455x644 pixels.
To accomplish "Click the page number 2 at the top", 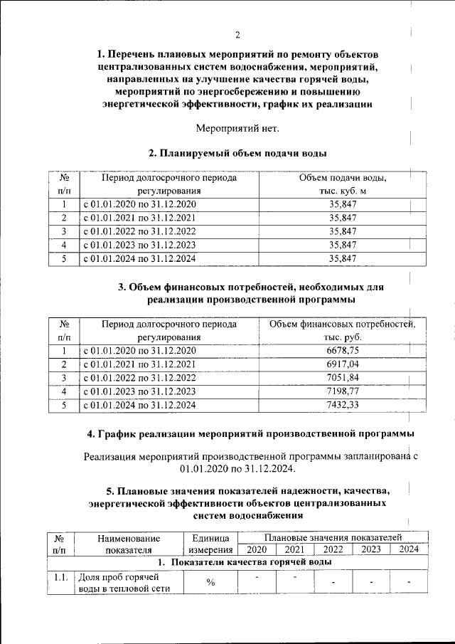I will point(238,36).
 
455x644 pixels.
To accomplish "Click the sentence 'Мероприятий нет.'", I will point(238,128).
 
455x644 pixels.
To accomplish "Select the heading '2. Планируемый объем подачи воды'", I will point(238,153).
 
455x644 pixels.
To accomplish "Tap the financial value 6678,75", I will point(343,351).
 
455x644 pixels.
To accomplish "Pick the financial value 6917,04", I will point(343,364).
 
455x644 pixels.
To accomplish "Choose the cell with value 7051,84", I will point(343,378).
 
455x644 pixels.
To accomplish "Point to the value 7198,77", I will point(343,391).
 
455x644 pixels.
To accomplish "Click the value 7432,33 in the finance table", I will point(343,405).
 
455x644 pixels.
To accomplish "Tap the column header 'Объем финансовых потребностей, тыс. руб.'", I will point(343,331).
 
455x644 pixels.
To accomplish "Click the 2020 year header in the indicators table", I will point(257,549).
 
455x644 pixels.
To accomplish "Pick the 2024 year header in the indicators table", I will point(408,549).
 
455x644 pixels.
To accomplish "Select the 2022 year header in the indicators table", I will point(333,549).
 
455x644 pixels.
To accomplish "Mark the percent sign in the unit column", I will point(210,583).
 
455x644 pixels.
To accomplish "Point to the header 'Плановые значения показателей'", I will point(333,537).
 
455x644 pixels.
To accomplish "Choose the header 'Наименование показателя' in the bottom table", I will point(129,544).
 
